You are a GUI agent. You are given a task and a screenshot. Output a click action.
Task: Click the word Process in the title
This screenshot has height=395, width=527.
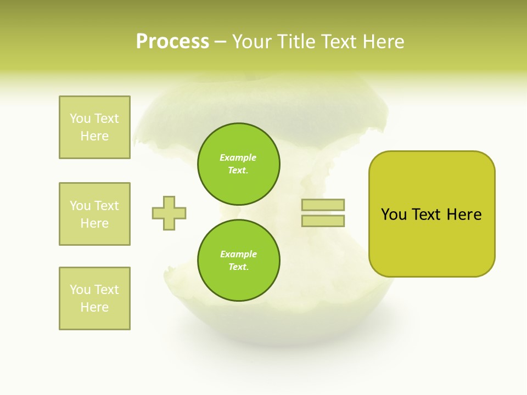pyautogui.click(x=172, y=42)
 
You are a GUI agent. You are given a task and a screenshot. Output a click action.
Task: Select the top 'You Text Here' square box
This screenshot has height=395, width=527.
pyautogui.click(x=94, y=127)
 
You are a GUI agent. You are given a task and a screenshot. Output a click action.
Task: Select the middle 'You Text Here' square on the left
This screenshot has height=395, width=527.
pyautogui.click(x=94, y=214)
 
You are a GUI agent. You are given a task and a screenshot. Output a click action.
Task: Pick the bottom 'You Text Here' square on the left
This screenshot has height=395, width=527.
pyautogui.click(x=94, y=298)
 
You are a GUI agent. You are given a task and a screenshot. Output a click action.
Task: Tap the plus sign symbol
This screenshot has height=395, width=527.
pyautogui.click(x=169, y=213)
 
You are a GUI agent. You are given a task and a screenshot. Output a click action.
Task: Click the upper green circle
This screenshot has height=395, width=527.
pyautogui.click(x=238, y=164)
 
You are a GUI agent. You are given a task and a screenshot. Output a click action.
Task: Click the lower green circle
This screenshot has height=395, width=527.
pyautogui.click(x=238, y=261)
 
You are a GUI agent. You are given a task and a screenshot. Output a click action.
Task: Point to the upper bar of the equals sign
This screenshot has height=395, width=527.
pyautogui.click(x=323, y=205)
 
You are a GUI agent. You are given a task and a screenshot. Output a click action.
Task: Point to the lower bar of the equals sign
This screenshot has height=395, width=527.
pyautogui.click(x=323, y=221)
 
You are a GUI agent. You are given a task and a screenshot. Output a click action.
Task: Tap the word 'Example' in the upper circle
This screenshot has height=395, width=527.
pyautogui.click(x=238, y=157)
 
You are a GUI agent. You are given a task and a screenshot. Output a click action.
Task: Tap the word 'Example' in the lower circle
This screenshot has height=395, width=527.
pyautogui.click(x=238, y=254)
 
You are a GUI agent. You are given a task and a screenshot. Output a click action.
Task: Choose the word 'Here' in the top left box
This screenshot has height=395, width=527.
pyautogui.click(x=94, y=136)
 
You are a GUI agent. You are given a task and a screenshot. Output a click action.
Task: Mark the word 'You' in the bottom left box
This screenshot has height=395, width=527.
pyautogui.click(x=80, y=290)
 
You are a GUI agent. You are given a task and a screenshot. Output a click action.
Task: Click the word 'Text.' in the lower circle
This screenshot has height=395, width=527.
pyautogui.click(x=238, y=267)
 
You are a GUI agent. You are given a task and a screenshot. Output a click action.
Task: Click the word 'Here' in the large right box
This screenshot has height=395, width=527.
pyautogui.click(x=464, y=215)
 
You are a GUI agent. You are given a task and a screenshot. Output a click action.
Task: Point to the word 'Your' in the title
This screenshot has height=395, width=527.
pyautogui.click(x=252, y=42)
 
